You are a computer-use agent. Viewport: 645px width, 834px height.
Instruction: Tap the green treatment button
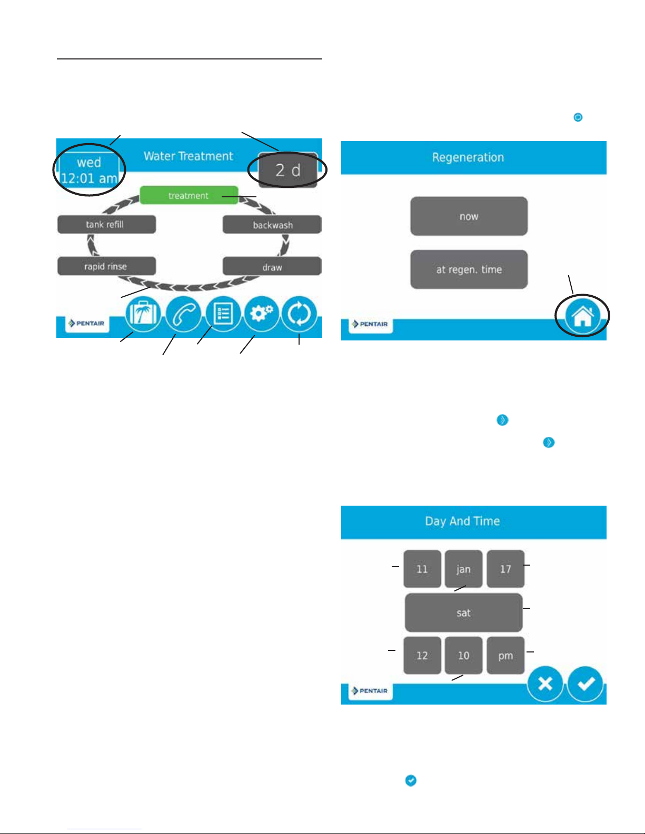click(x=188, y=196)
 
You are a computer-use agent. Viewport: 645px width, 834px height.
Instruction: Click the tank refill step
click(x=106, y=224)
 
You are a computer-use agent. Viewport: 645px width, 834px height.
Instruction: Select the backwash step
click(x=272, y=225)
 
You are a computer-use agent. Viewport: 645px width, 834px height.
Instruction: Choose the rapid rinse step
click(x=106, y=266)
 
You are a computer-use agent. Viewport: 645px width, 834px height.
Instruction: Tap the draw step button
click(x=272, y=267)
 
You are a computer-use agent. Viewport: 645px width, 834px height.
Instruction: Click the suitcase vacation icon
click(x=143, y=314)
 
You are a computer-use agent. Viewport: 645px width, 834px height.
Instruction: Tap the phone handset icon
click(x=183, y=314)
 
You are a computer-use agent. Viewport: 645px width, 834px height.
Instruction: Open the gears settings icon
click(x=262, y=314)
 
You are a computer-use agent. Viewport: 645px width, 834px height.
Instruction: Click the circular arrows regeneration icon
click(x=300, y=314)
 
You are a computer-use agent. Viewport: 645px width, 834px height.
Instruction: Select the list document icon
click(x=223, y=314)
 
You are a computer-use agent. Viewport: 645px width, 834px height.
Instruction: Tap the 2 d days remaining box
click(x=288, y=170)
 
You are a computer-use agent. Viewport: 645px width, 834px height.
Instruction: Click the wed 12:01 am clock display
click(x=89, y=170)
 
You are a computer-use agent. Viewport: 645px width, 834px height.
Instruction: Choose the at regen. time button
click(x=469, y=269)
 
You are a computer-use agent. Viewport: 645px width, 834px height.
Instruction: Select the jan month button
click(x=463, y=569)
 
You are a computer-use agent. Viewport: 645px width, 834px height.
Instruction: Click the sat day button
click(x=463, y=612)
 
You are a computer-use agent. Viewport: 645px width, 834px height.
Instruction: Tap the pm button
click(x=505, y=656)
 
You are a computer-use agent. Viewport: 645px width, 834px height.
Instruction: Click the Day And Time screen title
click(x=462, y=521)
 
